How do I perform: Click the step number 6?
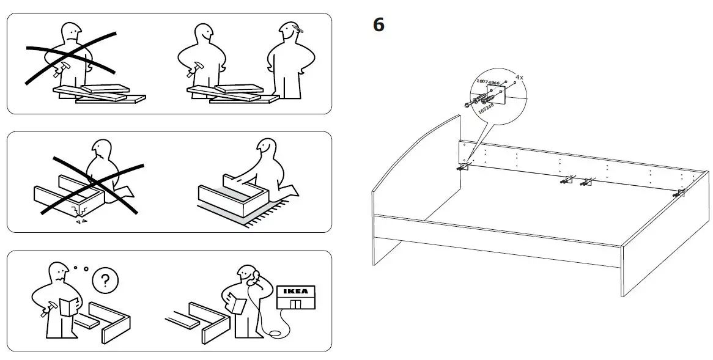(x=379, y=26)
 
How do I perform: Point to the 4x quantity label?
(x=519, y=78)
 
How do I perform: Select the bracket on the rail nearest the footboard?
(x=680, y=193)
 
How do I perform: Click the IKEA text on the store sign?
(x=295, y=291)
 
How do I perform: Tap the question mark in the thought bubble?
(x=105, y=281)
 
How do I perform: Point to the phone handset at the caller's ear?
(x=250, y=281)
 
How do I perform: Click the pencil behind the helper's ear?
(x=298, y=28)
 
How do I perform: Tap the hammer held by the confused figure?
(x=44, y=311)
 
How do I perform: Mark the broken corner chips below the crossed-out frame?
(x=81, y=221)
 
